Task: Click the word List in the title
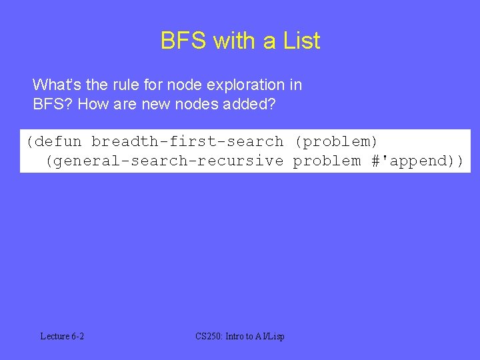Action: (301, 41)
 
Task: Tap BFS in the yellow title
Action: (183, 41)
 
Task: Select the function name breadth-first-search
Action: (187, 141)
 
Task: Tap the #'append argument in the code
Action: (408, 161)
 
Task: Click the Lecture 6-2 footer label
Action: (62, 336)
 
